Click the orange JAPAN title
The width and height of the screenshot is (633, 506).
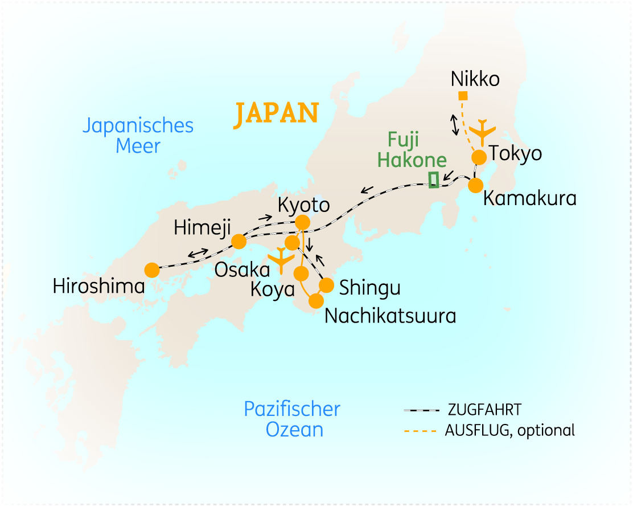point(277,115)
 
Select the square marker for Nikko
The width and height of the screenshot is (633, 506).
point(463,96)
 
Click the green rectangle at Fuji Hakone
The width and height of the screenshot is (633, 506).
point(434,179)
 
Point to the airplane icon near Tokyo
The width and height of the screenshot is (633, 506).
point(484,132)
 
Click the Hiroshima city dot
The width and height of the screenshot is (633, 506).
point(152,270)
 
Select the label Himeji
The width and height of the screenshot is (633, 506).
point(202,228)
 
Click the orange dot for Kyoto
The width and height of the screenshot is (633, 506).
point(303,222)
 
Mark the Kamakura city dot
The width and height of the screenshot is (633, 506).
point(475,185)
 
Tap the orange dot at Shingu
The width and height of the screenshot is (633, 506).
point(327,284)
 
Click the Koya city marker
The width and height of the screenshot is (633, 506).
point(301,274)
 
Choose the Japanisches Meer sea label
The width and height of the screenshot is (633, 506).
point(138,135)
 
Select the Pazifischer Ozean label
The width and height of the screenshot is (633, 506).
point(292,419)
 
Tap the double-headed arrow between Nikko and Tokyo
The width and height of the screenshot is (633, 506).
point(455,125)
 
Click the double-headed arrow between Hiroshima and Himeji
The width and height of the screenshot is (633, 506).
point(199,252)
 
